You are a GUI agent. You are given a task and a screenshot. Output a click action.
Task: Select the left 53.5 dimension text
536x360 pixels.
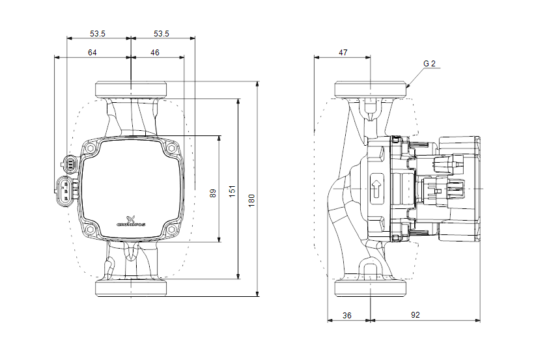pos(98,33)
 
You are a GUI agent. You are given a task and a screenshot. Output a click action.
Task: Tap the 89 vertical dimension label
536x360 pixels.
pos(213,193)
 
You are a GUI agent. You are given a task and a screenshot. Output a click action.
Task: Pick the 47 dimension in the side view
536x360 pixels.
pos(343,52)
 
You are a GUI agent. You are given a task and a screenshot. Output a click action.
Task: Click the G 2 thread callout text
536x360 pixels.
pos(429,64)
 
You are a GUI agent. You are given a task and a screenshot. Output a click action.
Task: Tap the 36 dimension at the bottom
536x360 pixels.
pos(346,314)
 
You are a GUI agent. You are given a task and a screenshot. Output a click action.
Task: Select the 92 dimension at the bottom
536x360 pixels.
pos(416,314)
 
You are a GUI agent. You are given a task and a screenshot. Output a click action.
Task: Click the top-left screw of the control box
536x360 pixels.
pos(90,149)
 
